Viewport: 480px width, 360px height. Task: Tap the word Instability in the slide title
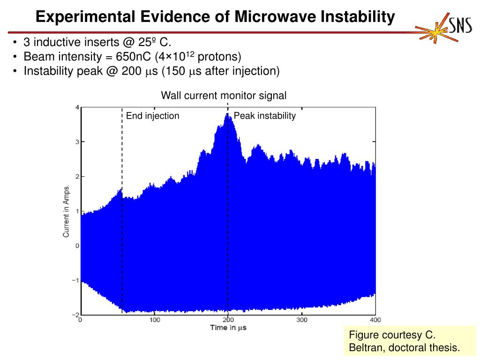point(358,17)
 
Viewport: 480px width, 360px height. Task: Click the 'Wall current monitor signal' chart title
point(224,96)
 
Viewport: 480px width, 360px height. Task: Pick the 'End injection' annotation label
point(152,116)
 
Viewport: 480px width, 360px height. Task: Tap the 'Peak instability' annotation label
point(265,116)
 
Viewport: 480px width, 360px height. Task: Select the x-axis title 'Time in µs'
point(228,328)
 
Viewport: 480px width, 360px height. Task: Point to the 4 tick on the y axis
point(77,107)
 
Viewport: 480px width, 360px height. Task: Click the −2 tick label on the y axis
point(75,315)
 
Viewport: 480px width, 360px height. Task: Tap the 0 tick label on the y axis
point(77,246)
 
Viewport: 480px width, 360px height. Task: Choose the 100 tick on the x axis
point(155,320)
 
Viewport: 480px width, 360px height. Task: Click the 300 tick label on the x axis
point(302,320)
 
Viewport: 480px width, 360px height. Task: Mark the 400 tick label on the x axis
point(375,320)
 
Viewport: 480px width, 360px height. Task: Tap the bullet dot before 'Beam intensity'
point(15,57)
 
